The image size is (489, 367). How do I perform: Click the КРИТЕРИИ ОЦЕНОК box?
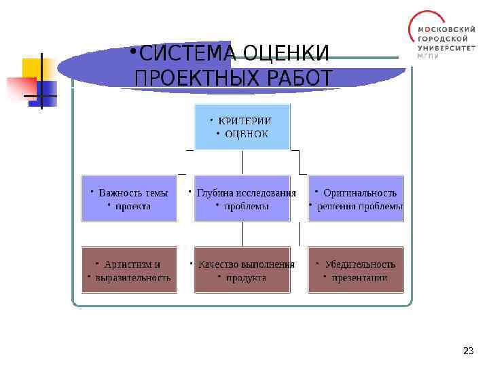(x=242, y=126)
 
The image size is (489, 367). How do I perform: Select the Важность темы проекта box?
(x=129, y=198)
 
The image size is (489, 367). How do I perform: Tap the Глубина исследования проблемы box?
(x=242, y=198)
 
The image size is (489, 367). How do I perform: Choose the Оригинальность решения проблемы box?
(x=356, y=198)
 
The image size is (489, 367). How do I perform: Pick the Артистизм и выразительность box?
(x=129, y=270)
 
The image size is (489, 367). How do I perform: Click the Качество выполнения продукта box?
(x=242, y=270)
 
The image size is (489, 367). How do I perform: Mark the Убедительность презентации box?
(x=356, y=270)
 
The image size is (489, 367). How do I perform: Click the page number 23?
(x=467, y=351)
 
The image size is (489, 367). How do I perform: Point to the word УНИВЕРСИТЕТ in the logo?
(x=447, y=48)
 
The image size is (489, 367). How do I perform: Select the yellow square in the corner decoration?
(x=35, y=68)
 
